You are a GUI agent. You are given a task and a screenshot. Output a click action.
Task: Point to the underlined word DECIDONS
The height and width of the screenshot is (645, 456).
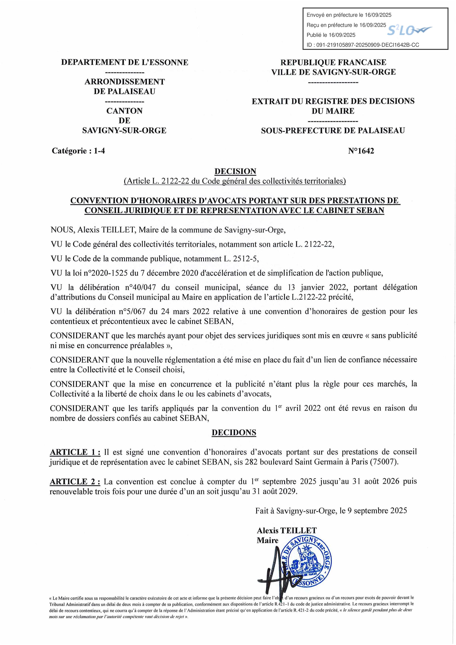coord(234,432)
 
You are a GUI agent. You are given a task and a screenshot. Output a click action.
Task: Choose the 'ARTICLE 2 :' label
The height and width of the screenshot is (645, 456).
coord(75,482)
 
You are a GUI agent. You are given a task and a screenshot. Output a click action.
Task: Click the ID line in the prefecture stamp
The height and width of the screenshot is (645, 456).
coord(363,45)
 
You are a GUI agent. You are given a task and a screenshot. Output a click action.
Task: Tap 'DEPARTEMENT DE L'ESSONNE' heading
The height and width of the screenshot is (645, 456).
coord(125,62)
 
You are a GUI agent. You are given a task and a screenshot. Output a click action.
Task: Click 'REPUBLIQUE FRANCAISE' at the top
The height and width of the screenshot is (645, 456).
coord(333,62)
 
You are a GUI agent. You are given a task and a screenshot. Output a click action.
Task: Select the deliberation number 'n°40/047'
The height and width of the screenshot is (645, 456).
coord(140,287)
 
